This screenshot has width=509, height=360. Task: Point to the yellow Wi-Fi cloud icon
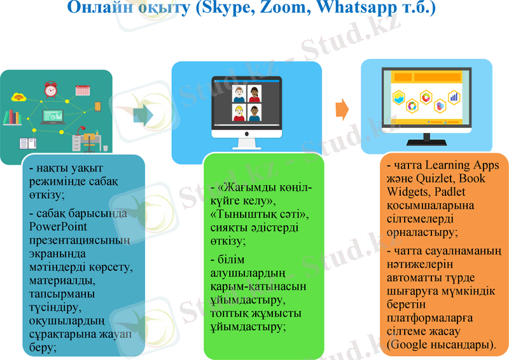pyautogui.click(x=18, y=97)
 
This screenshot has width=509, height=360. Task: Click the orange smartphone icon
pyautogui.click(x=98, y=106)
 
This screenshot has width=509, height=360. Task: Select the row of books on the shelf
pyautogui.click(x=14, y=117)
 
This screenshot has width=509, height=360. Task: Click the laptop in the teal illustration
pyautogui.click(x=53, y=116)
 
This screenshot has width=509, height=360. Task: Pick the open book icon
pyautogui.click(x=27, y=143)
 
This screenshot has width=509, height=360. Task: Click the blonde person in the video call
pyautogui.click(x=239, y=113)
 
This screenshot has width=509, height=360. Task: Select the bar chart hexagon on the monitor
pyautogui.click(x=454, y=97)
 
